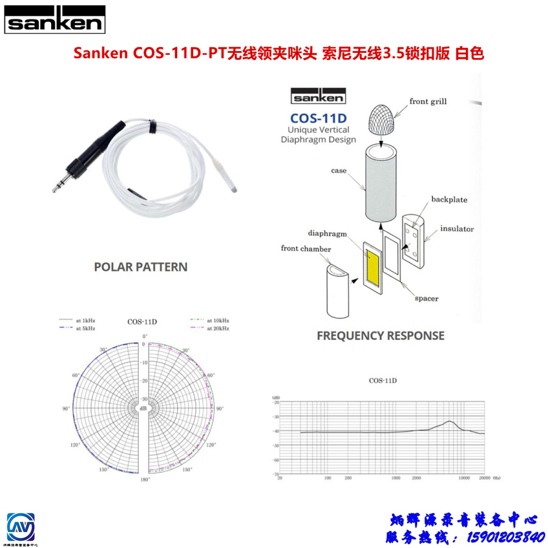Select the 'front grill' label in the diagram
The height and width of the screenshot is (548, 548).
pos(427,101)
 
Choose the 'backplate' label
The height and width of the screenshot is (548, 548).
pos(449,199)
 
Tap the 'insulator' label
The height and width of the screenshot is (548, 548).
pos(457,230)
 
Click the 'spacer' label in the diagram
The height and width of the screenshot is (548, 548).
pos(427,298)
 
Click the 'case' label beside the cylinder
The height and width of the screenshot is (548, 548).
pos(339,170)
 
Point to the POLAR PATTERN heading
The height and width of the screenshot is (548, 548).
pos(141,267)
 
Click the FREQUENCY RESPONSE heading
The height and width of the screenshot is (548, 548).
pos(381,335)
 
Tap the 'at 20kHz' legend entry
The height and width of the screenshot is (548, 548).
pos(217,328)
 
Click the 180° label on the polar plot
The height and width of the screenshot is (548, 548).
pos(145,480)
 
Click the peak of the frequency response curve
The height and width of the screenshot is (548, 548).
pos(450,421)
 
